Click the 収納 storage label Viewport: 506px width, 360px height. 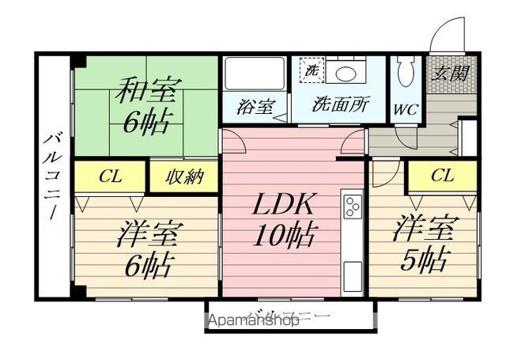[183, 177]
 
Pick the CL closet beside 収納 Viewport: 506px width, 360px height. [110, 177]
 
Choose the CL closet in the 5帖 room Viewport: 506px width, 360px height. [442, 176]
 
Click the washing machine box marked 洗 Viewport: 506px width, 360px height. [311, 69]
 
